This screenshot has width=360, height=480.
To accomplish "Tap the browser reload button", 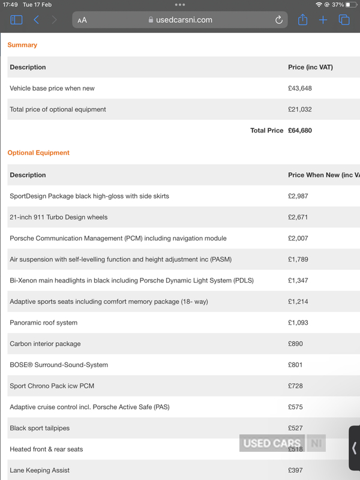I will point(279,20).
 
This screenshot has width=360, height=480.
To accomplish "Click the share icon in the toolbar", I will point(303,20).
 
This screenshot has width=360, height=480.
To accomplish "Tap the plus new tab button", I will point(323,20).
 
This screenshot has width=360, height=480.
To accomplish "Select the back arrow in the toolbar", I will point(36,20).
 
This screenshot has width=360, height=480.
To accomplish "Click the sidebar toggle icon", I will point(16,20).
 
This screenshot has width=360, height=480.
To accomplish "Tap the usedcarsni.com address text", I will point(184,20).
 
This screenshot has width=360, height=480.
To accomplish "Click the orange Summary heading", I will point(22,45).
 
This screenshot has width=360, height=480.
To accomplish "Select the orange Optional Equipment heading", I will point(38,153).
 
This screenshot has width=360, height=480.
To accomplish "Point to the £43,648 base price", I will point(300,88).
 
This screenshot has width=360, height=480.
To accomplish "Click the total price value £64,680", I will point(300,130).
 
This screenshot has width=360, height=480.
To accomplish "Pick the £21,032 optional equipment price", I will point(300,109).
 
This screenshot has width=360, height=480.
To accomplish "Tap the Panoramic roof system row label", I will point(43,323).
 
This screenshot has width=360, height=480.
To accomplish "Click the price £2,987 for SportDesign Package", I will point(298,196).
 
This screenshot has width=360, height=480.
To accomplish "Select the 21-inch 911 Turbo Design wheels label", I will point(59,217).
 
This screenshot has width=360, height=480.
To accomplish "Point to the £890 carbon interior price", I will point(295,344).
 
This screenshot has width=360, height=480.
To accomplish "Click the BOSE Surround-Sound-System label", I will point(59,365).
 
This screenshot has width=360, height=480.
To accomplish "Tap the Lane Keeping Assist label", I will point(40,470).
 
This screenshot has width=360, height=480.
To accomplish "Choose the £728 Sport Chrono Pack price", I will point(295,386).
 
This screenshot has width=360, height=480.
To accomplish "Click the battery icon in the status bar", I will point(352,5).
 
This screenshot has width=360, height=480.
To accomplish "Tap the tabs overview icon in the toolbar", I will point(344,20).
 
